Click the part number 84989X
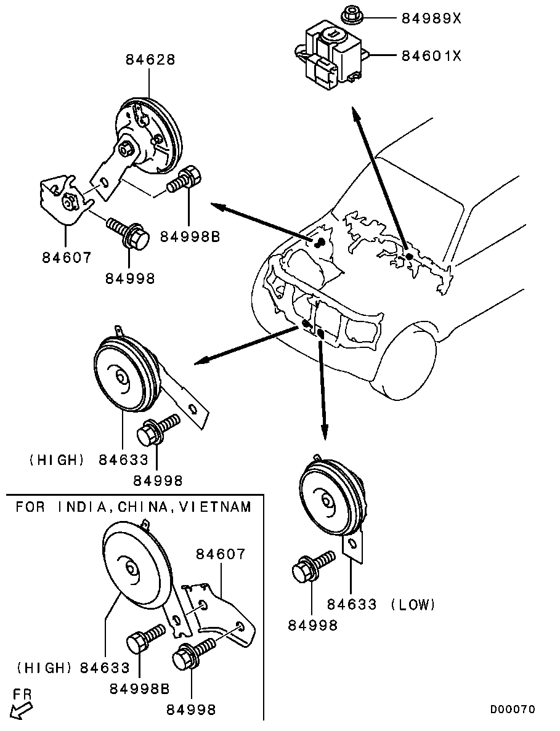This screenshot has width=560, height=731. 431,18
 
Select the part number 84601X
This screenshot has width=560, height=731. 431,56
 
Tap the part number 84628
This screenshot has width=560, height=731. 151,60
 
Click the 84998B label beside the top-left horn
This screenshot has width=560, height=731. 190,236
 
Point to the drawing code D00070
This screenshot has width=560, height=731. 513,709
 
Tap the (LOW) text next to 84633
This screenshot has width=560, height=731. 413,605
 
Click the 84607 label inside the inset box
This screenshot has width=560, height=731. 221,554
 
